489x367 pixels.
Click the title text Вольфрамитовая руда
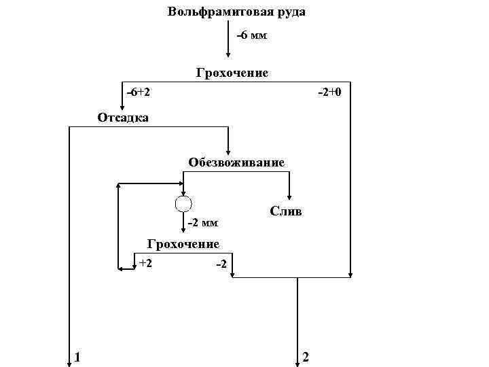point(236,12)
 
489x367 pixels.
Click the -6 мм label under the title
point(251,35)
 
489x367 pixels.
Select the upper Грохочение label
point(232,73)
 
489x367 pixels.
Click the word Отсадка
point(123,118)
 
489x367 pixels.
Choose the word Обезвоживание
point(236,162)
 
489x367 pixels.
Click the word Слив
point(286,211)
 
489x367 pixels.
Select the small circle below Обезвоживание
point(183,203)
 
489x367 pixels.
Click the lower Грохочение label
point(183,244)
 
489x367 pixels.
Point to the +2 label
point(145,262)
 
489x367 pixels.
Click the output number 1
point(78,356)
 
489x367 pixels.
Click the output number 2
point(306,356)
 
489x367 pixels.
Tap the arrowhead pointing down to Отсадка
point(123,106)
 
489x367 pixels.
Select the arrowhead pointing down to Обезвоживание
point(228,152)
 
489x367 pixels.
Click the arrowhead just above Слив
point(290,196)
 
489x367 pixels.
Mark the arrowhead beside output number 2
point(297,362)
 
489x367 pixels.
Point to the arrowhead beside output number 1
point(69,362)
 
